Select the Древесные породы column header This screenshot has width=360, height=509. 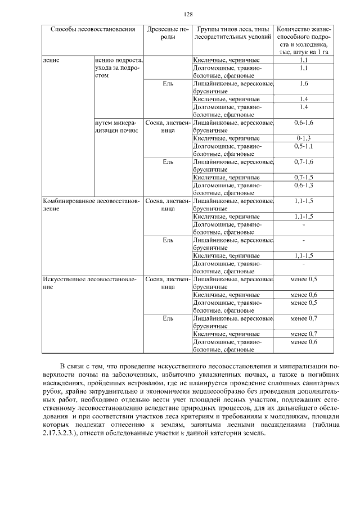[168, 33]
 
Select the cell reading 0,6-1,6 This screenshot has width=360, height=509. [304, 122]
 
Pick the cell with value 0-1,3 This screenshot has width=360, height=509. [304, 138]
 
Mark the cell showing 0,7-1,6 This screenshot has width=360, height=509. [304, 161]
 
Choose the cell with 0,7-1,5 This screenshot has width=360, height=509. [304, 177]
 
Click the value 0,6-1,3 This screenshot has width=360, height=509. [304, 185]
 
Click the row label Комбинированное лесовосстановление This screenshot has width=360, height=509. [90, 204]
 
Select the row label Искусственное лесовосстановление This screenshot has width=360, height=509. [90, 282]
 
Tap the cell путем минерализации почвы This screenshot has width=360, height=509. [116, 126]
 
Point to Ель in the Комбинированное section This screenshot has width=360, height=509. [168, 240]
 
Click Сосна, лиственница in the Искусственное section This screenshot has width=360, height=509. [168, 282]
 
